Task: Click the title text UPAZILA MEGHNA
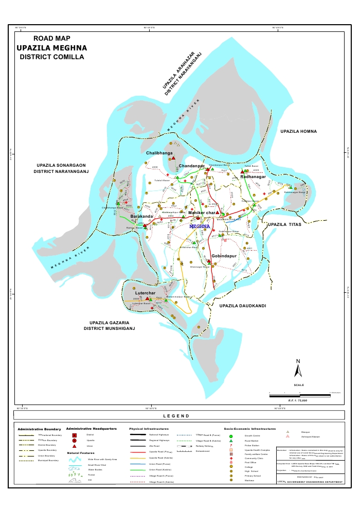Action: click(x=51, y=47)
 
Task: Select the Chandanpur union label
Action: click(x=192, y=166)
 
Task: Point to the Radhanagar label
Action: click(x=253, y=177)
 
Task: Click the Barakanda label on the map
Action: click(x=141, y=217)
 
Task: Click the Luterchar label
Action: click(x=145, y=293)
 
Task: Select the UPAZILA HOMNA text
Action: click(x=298, y=132)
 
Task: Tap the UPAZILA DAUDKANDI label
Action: click(x=242, y=306)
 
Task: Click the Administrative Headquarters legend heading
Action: click(x=91, y=428)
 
